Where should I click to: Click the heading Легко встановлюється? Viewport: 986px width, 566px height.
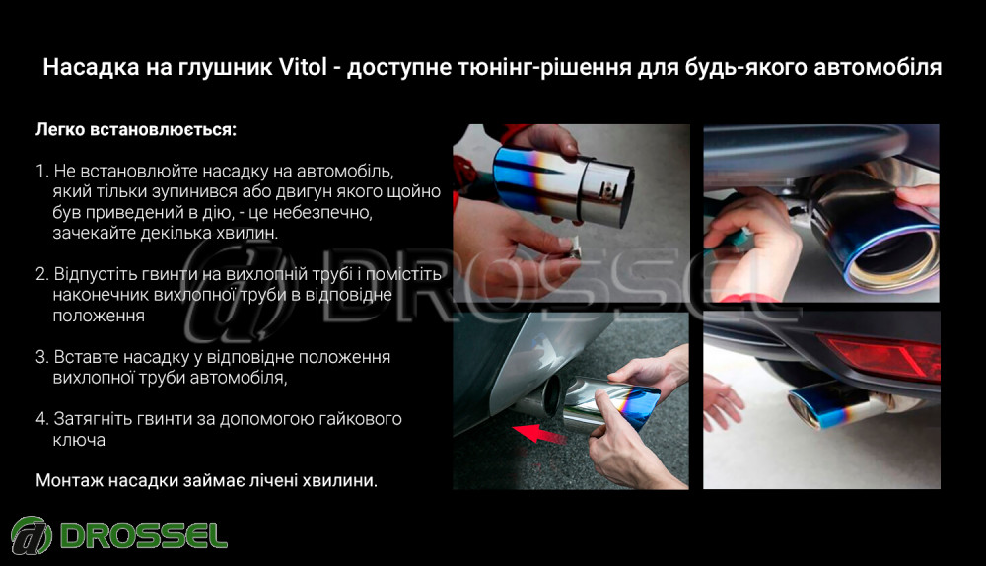(x=136, y=129)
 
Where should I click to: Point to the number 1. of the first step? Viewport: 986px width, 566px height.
(x=41, y=171)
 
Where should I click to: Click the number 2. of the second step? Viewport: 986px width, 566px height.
(x=42, y=274)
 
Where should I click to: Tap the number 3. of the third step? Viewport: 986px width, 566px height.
(x=42, y=357)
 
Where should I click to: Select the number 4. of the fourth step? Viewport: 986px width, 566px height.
(x=42, y=419)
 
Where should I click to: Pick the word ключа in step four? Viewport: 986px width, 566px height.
(x=79, y=440)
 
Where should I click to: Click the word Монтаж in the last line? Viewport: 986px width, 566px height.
(x=69, y=480)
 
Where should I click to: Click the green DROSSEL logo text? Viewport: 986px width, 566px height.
(x=144, y=535)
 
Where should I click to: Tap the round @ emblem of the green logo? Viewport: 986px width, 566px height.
(x=32, y=535)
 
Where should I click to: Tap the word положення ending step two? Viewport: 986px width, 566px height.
(x=99, y=316)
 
